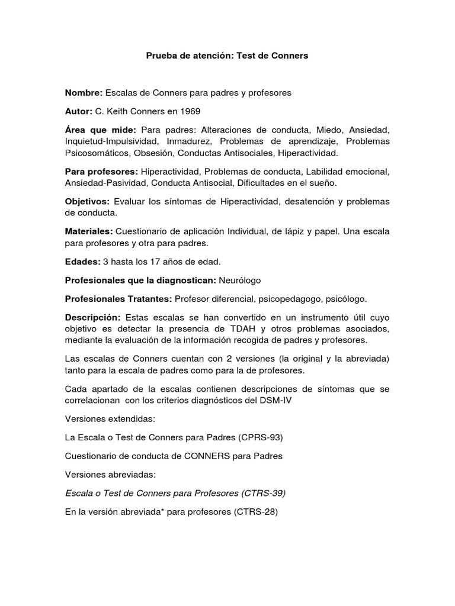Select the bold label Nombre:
pyautogui.click(x=84, y=93)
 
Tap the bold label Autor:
pyautogui.click(x=79, y=111)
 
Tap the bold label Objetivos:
pyautogui.click(x=87, y=202)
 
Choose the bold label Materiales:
pyautogui.click(x=89, y=232)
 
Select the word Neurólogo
pyautogui.click(x=240, y=281)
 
